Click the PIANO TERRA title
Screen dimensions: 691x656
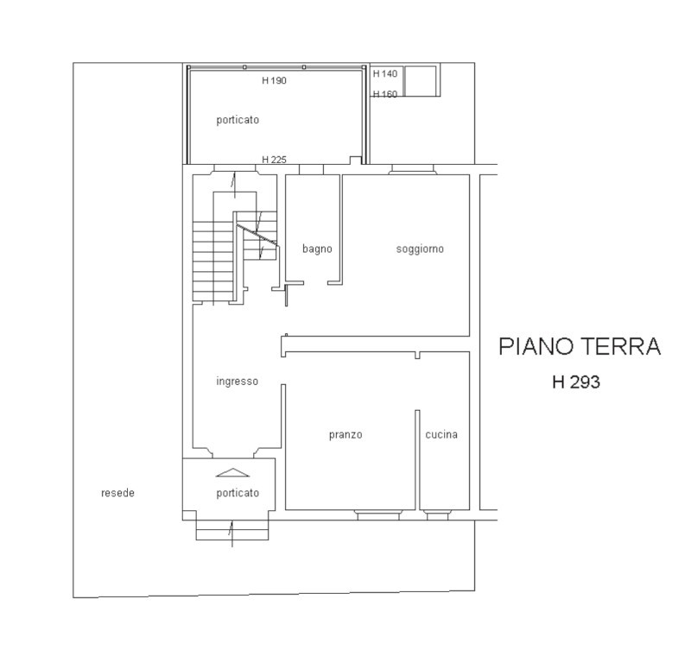click(x=580, y=346)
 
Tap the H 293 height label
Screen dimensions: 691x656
click(x=576, y=382)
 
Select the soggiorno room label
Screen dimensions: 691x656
click(x=420, y=249)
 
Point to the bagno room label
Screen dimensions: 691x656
click(x=317, y=249)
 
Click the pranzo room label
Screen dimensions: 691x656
click(x=345, y=435)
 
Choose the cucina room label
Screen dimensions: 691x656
click(x=441, y=434)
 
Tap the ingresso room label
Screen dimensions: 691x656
click(x=237, y=382)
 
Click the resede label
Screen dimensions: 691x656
click(x=117, y=493)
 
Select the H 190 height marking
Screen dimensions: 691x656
click(x=274, y=80)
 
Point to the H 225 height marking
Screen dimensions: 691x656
click(x=274, y=160)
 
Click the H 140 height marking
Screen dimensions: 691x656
click(x=385, y=73)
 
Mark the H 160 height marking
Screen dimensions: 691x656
click(x=385, y=94)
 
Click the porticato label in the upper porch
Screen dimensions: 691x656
click(x=238, y=120)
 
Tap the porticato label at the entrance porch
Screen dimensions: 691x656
click(x=238, y=493)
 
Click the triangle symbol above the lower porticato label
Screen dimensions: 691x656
click(x=232, y=473)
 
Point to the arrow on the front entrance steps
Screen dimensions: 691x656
click(x=231, y=533)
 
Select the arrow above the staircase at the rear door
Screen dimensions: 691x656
click(x=234, y=185)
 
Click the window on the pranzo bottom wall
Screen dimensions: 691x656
click(x=378, y=514)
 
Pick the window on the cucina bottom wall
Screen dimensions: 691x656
click(x=437, y=514)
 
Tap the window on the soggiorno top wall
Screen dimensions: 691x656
click(x=413, y=169)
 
